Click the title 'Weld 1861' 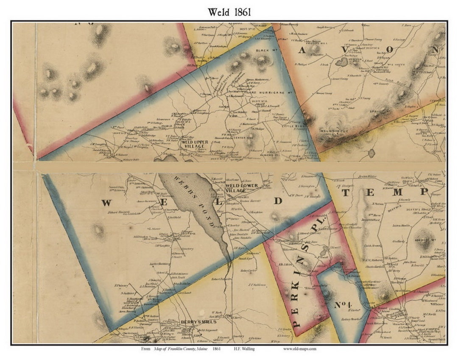click(x=229, y=12)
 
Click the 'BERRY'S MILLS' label click(x=193, y=322)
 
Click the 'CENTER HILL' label click(x=243, y=137)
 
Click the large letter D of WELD click(x=277, y=201)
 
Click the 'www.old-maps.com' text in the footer click(x=299, y=349)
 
